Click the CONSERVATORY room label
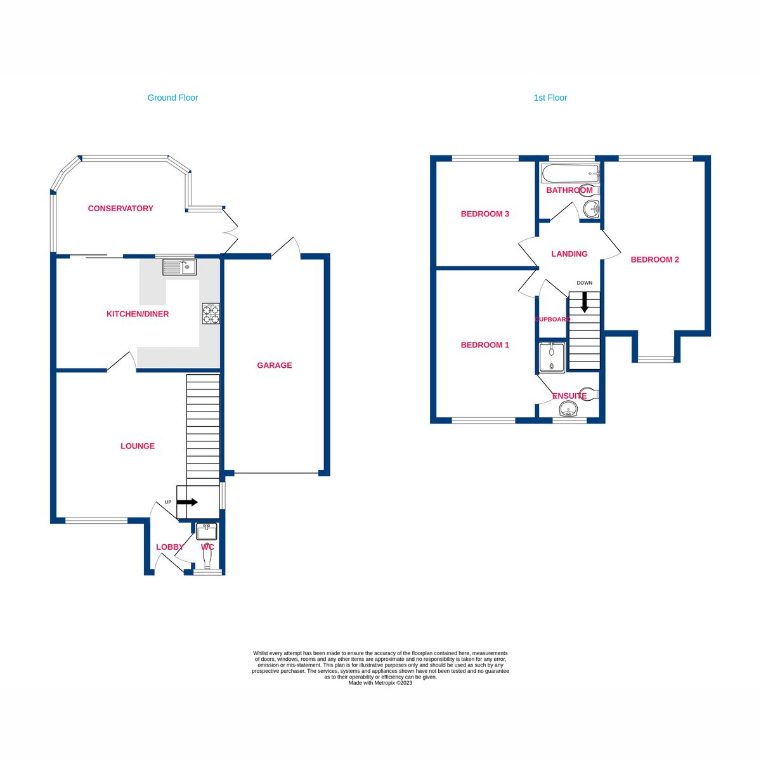120,208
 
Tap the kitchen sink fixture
179,266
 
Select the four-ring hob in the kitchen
211,313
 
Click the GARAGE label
274,365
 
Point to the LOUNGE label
138,446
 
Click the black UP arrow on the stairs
187,502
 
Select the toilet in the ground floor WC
207,557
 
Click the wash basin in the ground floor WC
206,531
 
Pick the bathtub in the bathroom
571,172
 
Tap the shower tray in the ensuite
552,357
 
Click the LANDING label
569,254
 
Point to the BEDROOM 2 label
654,259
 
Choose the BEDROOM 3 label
485,214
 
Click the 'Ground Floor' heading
172,98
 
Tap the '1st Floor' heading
550,98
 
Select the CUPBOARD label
552,319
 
